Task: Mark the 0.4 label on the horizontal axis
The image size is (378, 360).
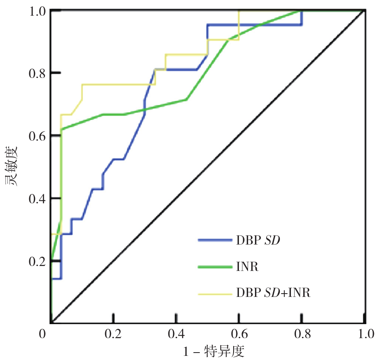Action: pyautogui.click(x=176, y=333)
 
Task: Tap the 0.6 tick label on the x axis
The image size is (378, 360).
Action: pyautogui.click(x=239, y=333)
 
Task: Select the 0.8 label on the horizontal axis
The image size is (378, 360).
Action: pyautogui.click(x=302, y=333)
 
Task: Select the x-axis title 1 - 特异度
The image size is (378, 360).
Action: pyautogui.click(x=214, y=352)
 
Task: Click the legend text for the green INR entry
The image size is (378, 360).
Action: pyautogui.click(x=248, y=267)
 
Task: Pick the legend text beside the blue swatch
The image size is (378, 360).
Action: pyautogui.click(x=258, y=240)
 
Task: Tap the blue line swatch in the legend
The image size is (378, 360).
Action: pyautogui.click(x=214, y=240)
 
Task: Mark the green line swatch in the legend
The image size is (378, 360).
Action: pyautogui.click(x=214, y=267)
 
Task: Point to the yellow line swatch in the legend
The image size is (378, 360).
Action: pyautogui.click(x=214, y=294)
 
